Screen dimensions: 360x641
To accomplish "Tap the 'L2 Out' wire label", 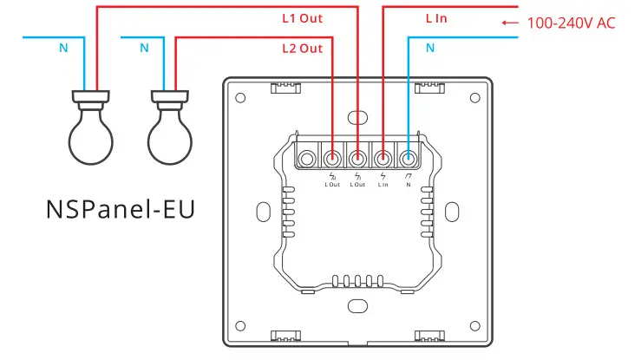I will click(x=302, y=49).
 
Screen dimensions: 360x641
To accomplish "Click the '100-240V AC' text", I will click(x=571, y=23).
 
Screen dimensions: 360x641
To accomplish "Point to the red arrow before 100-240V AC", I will click(x=510, y=23).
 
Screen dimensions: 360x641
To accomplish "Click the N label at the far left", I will click(x=63, y=49).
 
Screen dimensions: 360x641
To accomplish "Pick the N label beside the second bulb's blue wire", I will click(x=144, y=49).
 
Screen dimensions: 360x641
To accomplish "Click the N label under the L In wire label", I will click(x=430, y=49).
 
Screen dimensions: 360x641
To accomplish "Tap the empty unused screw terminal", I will click(x=308, y=158).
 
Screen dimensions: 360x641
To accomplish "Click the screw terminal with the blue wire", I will click(x=409, y=158).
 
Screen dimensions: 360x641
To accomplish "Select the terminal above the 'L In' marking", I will click(x=383, y=158).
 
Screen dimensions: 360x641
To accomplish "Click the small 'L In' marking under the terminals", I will click(x=383, y=183).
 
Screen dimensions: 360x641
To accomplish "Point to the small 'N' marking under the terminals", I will click(x=409, y=183).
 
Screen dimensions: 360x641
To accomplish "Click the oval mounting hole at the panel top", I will click(x=356, y=117).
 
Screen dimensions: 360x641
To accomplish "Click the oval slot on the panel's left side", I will click(x=262, y=212).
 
